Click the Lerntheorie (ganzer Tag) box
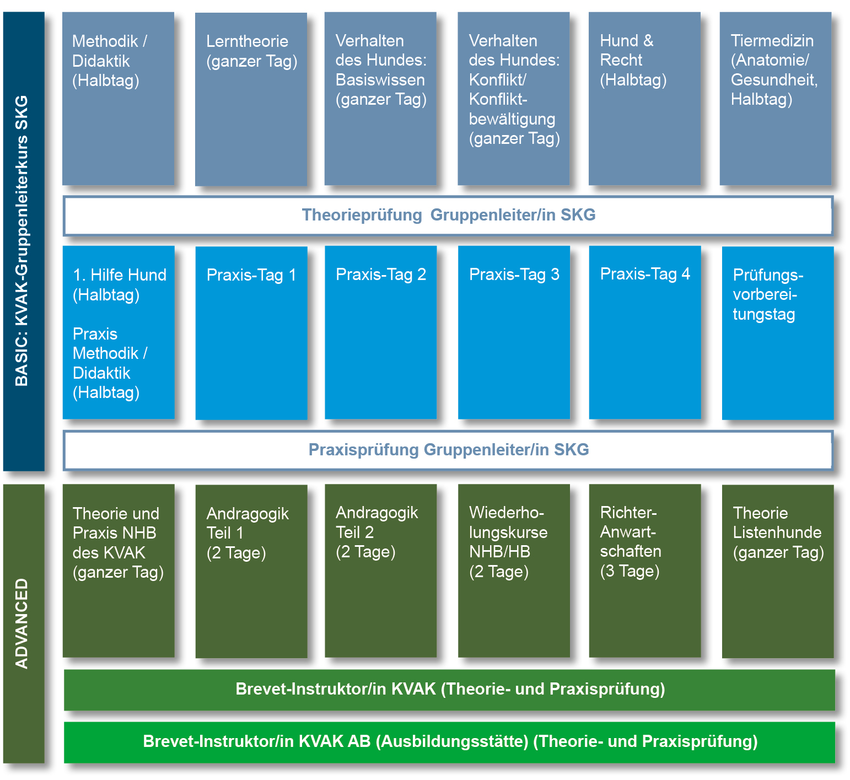click(x=251, y=99)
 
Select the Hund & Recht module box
click(x=644, y=99)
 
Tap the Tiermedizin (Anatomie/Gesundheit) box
click(x=775, y=99)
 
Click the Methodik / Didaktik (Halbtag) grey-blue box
click(x=118, y=99)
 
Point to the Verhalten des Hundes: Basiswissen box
click(x=380, y=99)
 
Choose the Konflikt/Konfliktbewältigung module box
click(x=513, y=99)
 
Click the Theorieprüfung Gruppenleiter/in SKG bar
click(x=448, y=215)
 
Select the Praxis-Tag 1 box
click(x=251, y=332)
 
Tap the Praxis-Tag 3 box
click(x=514, y=332)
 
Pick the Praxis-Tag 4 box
click(x=645, y=332)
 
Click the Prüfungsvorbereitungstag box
click(x=777, y=332)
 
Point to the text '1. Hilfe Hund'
click(x=120, y=275)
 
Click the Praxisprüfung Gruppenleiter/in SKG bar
click(x=448, y=450)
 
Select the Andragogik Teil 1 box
click(x=251, y=571)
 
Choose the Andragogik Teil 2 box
click(x=380, y=571)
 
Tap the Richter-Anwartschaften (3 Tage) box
click(x=645, y=571)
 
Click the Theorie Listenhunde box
click(x=777, y=571)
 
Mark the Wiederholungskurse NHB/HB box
click(x=514, y=571)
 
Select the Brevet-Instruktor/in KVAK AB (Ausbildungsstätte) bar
click(x=449, y=742)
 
